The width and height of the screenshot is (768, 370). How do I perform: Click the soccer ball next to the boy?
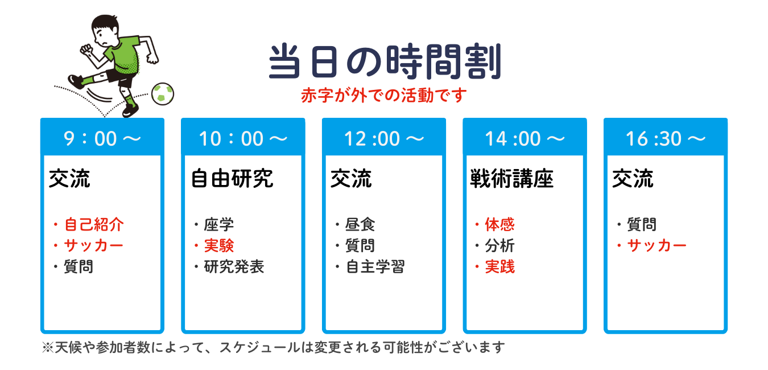click(x=163, y=93)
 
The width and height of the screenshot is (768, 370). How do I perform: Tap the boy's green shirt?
click(x=124, y=54)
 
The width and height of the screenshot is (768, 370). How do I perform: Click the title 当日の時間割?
click(x=385, y=61)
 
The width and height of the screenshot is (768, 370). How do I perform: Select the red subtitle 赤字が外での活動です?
click(x=384, y=95)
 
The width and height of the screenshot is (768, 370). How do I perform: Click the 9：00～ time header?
click(x=102, y=138)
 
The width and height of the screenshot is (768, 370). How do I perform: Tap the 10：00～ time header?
click(x=243, y=138)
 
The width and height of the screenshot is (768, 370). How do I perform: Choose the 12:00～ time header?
click(x=384, y=138)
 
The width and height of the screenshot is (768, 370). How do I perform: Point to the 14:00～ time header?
click(x=525, y=138)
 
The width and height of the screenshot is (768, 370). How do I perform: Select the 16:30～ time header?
click(x=666, y=138)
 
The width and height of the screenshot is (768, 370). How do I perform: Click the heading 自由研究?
click(x=232, y=178)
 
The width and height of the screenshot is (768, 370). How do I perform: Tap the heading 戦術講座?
click(x=511, y=178)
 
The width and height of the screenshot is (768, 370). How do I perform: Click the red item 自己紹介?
click(x=94, y=225)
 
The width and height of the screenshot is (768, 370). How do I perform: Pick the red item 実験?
click(x=219, y=245)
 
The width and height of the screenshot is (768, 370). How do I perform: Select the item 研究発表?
click(x=234, y=267)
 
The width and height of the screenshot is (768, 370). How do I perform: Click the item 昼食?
click(x=360, y=225)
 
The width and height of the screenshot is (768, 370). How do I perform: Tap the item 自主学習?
click(x=375, y=267)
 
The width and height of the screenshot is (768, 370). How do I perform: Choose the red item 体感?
click(x=500, y=225)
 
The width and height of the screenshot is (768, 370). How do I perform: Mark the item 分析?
click(x=500, y=245)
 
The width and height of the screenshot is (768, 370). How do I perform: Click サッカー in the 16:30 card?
click(x=656, y=245)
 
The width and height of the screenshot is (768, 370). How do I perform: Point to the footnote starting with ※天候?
click(x=273, y=347)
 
